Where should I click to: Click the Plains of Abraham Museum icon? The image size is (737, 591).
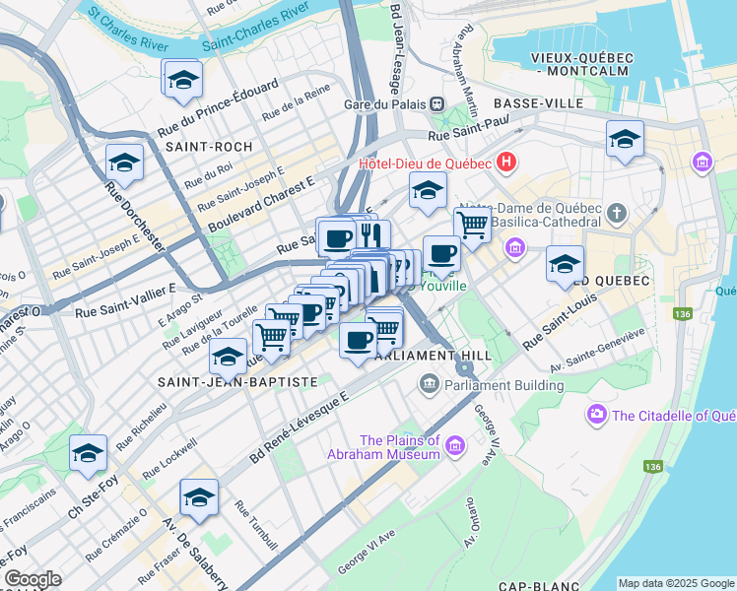[x=455, y=447]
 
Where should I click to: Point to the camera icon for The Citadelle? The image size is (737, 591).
[x=596, y=416]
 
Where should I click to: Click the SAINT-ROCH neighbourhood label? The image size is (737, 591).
[x=204, y=146]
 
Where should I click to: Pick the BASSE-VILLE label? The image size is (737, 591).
[x=539, y=103]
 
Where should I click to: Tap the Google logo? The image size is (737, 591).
[x=33, y=579]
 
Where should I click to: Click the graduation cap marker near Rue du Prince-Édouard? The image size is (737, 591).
[x=183, y=82]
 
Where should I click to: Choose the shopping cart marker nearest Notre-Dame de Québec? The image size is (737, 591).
[x=472, y=226]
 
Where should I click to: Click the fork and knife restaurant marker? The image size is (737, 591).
[x=371, y=235]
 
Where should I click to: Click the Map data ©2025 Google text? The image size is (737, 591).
[x=676, y=582]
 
